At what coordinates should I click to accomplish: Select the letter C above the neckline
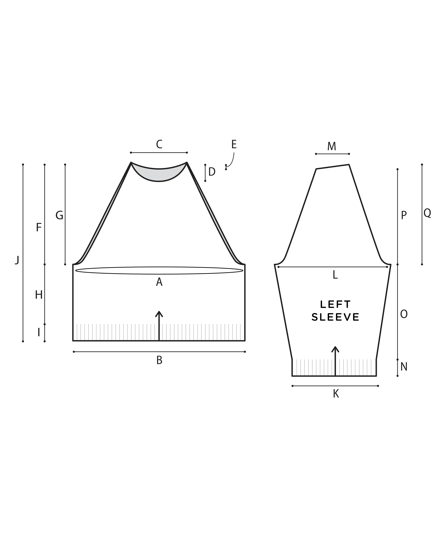159,144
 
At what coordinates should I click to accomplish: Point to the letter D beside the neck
212,172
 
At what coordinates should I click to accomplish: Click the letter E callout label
234,144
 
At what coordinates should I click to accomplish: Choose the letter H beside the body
39,295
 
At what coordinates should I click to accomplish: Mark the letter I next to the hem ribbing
39,332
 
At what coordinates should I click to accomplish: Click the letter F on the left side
39,228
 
